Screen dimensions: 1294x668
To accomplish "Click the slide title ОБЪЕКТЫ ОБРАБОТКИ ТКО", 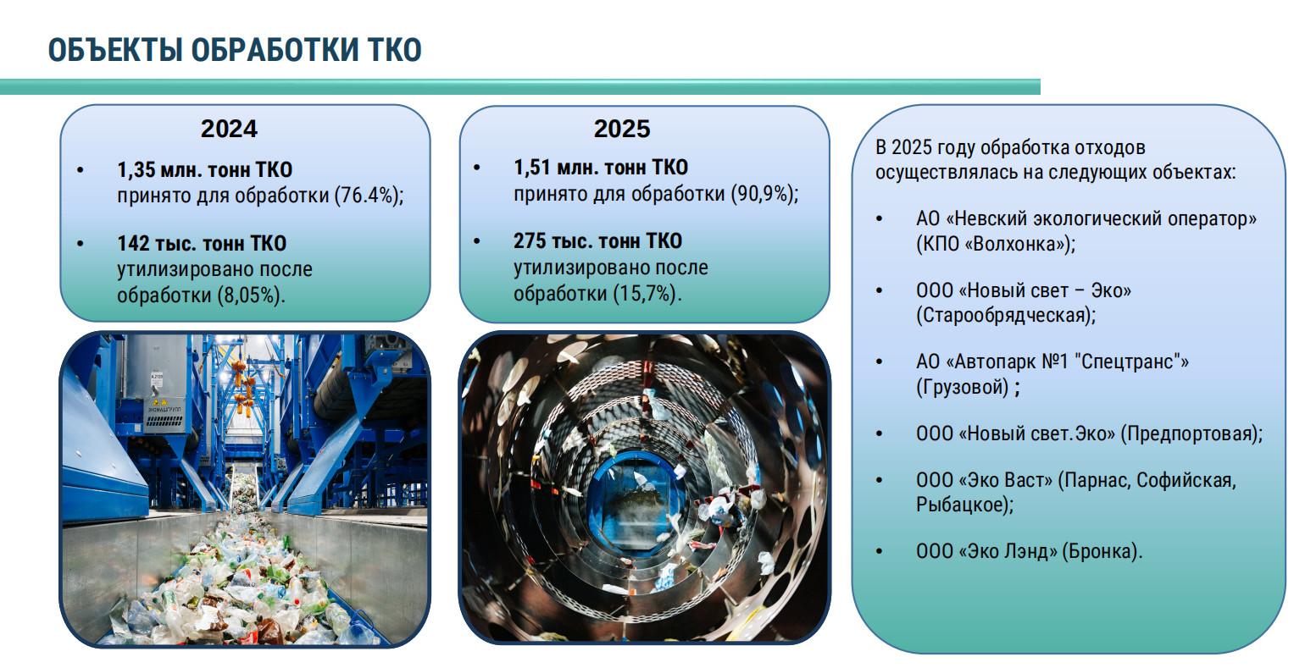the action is click(x=235, y=50).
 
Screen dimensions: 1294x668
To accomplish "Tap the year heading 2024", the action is click(x=229, y=129).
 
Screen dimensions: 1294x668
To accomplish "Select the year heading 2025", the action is click(x=622, y=129).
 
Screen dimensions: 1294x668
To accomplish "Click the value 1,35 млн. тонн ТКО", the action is click(x=204, y=169).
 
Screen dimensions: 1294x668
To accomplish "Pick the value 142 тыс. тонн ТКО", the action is click(x=202, y=243).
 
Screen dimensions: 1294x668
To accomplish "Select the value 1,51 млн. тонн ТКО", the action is click(x=601, y=168).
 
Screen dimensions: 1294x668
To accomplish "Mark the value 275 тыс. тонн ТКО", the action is click(x=598, y=240).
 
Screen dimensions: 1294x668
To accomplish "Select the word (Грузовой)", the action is click(x=963, y=387).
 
